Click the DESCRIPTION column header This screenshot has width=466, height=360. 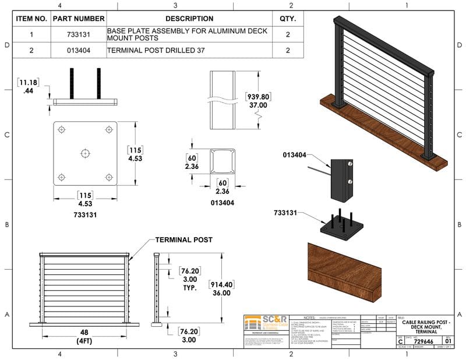click(189, 19)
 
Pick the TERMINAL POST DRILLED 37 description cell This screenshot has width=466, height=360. click(154, 50)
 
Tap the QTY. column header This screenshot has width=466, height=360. click(288, 19)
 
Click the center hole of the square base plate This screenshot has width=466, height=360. click(85, 153)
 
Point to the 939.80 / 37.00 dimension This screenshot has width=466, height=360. click(258, 101)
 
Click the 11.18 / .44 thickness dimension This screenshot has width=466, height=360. click(27, 86)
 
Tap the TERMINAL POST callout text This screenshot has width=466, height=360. click(183, 239)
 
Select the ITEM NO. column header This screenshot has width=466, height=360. click(31, 19)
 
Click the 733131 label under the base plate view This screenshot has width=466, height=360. click(85, 214)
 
